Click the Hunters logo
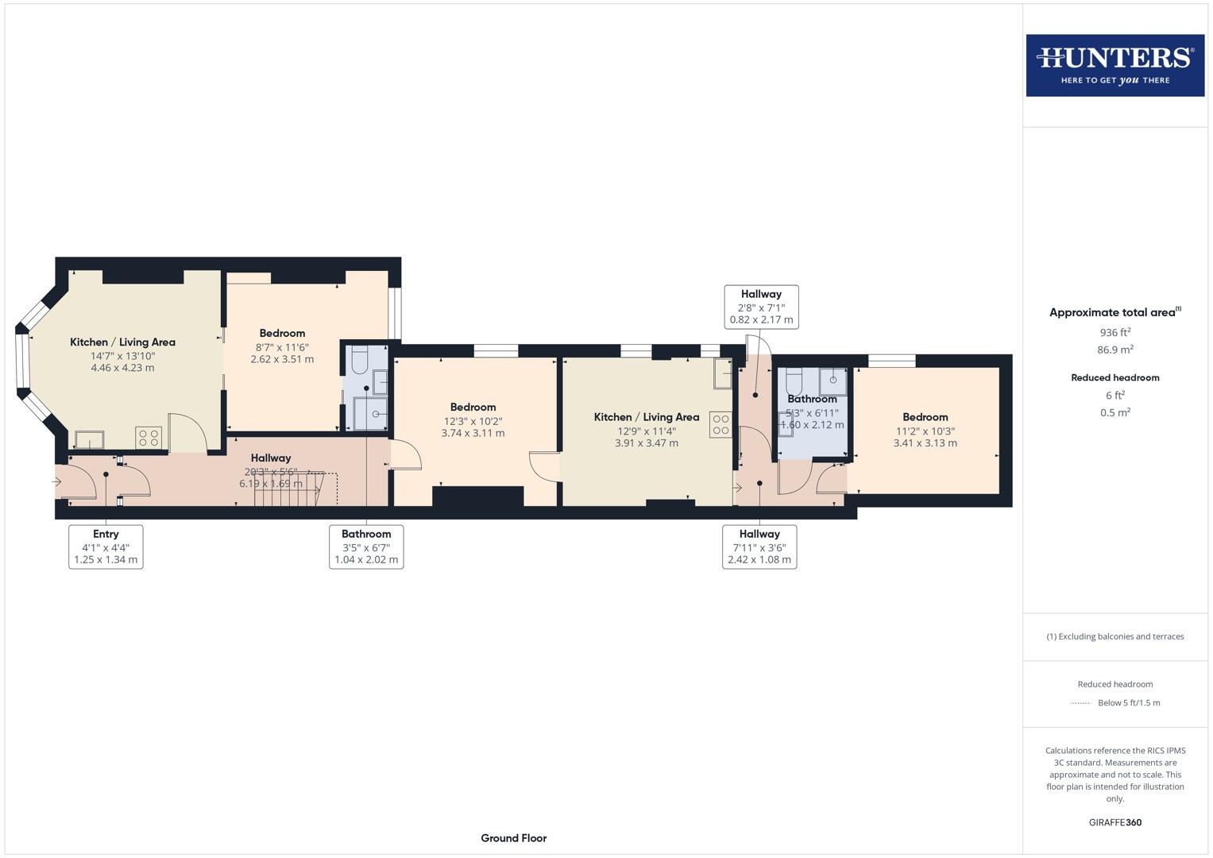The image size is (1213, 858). (1114, 65)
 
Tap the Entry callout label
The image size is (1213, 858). (106, 547)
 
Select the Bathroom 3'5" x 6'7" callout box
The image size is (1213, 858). (366, 547)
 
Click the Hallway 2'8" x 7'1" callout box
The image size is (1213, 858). (761, 307)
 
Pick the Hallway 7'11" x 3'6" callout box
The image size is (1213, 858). (759, 547)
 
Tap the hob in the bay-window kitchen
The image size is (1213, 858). (149, 438)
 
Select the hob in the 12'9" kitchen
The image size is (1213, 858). (720, 425)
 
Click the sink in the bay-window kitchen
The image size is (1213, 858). (89, 439)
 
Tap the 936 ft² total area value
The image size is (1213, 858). (1114, 333)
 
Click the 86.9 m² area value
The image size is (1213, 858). (1114, 350)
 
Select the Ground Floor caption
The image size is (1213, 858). (513, 838)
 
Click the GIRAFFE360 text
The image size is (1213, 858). (1114, 822)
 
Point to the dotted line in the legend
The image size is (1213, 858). (1081, 703)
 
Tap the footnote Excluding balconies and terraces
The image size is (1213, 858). (1114, 636)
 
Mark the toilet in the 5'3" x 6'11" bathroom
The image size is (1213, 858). (794, 380)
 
